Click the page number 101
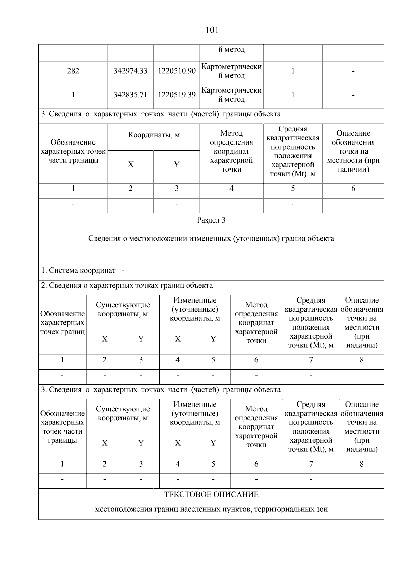(212, 30)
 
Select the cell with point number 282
(73, 71)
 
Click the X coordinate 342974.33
(131, 71)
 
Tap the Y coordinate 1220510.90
(177, 71)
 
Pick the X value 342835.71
(131, 95)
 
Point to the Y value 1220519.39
(177, 95)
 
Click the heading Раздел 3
(211, 220)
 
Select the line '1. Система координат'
(78, 271)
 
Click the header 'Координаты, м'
(154, 135)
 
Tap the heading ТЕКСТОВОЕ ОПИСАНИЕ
(211, 495)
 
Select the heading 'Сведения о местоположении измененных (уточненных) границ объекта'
(211, 239)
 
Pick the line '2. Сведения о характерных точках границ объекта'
(127, 286)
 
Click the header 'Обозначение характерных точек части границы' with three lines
(73, 151)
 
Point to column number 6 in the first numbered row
(353, 189)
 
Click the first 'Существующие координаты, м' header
(123, 309)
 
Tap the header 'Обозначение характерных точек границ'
(62, 323)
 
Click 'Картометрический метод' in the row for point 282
(232, 71)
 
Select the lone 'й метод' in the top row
(232, 50)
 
